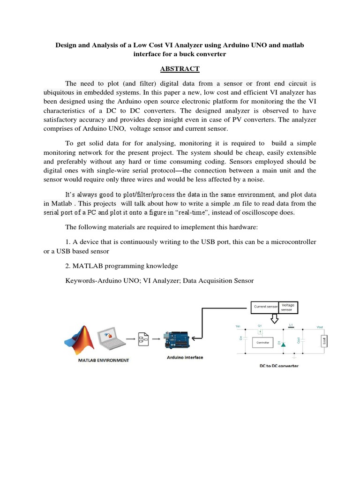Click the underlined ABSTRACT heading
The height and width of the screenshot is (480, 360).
point(180,69)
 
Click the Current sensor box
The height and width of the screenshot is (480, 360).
point(265,307)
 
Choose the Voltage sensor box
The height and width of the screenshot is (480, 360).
point(287,307)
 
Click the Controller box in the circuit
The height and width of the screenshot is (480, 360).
point(262,343)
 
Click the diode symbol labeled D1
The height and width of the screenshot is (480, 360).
point(283,344)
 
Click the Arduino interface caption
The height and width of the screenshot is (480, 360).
point(185,357)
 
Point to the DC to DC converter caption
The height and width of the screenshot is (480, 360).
point(279,365)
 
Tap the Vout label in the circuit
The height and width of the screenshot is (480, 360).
point(320,327)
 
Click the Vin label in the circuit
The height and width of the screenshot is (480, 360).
point(237,327)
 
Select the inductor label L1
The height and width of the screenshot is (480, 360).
point(291,324)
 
